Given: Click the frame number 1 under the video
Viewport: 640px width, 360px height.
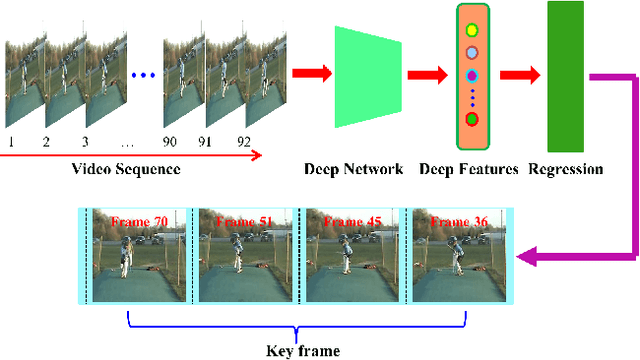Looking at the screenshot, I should [x=11, y=142].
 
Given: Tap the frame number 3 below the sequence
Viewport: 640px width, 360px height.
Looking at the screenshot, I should [x=84, y=142].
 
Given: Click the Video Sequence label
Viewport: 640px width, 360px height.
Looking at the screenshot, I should [x=126, y=168].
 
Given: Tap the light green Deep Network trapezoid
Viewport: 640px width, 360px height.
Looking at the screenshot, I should [x=368, y=76].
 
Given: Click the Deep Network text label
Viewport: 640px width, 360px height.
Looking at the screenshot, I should [x=353, y=169].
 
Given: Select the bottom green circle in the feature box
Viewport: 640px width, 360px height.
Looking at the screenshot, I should [x=472, y=119].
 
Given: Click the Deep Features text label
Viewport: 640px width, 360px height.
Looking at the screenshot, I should [x=468, y=169].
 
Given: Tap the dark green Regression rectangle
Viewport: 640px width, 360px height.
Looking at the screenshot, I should [x=566, y=75].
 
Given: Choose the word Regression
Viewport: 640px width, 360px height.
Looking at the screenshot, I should [x=565, y=169].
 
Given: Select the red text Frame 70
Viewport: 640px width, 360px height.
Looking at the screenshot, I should [x=139, y=221].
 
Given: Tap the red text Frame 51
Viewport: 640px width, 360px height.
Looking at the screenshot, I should [x=245, y=221].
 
